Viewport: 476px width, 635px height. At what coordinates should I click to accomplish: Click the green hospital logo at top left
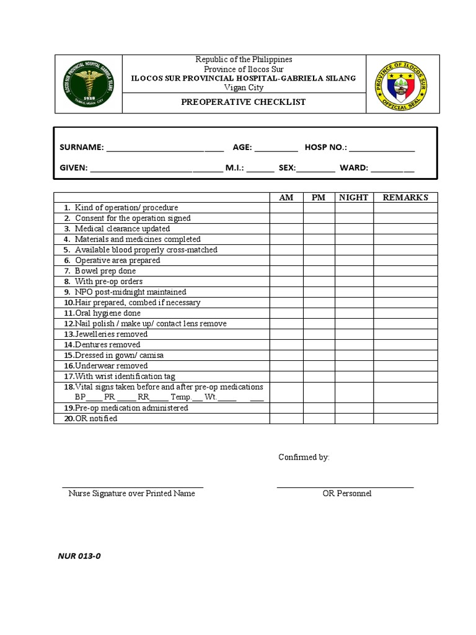[89, 84]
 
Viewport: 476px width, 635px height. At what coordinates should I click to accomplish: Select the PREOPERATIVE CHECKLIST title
[243, 102]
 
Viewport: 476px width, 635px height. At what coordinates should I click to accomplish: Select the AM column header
[286, 197]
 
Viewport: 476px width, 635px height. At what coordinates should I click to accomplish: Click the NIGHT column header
[354, 197]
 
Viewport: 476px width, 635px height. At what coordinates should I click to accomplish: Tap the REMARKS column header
[405, 197]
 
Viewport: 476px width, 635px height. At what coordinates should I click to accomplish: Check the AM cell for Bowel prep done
[286, 271]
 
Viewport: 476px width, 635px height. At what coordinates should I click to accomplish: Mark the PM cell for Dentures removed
[319, 345]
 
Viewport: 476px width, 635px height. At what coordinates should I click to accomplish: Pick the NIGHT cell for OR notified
[354, 419]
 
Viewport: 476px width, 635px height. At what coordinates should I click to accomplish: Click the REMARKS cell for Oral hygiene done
[405, 313]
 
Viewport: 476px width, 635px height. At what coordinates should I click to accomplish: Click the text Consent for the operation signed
[133, 218]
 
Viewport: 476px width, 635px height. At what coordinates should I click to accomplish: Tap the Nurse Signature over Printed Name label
[132, 494]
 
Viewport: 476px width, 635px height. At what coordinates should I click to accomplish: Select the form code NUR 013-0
[79, 556]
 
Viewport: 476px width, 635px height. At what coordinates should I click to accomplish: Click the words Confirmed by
[304, 457]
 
